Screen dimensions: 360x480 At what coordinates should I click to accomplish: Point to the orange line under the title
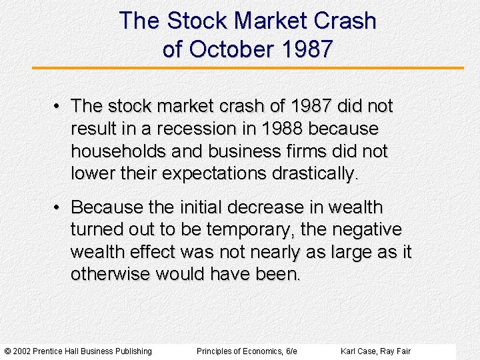pyautogui.click(x=247, y=68)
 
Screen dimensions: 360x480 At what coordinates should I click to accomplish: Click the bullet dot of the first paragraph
pyautogui.click(x=59, y=107)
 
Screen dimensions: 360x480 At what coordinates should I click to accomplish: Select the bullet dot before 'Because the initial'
pyautogui.click(x=59, y=207)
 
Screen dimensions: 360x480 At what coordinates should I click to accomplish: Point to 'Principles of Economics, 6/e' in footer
pyautogui.click(x=247, y=351)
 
